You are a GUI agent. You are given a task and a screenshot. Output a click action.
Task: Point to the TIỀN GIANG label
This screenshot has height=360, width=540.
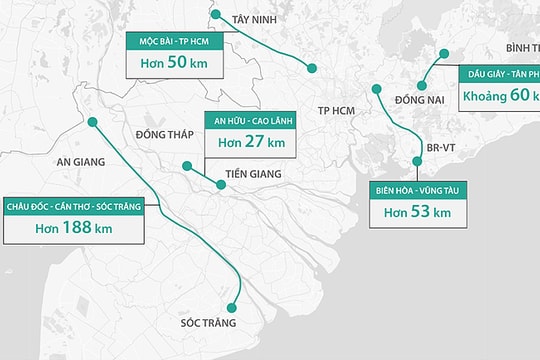[x=252, y=173]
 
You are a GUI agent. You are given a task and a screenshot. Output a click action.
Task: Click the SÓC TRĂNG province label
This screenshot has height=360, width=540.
[x=208, y=323]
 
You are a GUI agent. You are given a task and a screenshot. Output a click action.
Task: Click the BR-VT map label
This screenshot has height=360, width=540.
[x=440, y=148]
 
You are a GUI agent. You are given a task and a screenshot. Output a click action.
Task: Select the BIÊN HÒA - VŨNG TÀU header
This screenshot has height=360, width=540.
[x=417, y=190]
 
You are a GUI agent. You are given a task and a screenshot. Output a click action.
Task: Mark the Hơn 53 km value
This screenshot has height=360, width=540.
[x=417, y=211]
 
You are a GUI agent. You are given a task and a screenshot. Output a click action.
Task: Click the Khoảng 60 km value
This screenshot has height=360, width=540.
[x=500, y=97]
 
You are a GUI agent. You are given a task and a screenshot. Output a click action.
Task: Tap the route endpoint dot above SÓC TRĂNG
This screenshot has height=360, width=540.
[x=232, y=308]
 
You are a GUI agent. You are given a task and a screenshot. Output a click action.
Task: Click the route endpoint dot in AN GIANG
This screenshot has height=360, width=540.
[x=92, y=122]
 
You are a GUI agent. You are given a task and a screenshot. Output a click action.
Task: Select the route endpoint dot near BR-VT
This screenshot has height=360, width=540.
[x=418, y=161]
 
